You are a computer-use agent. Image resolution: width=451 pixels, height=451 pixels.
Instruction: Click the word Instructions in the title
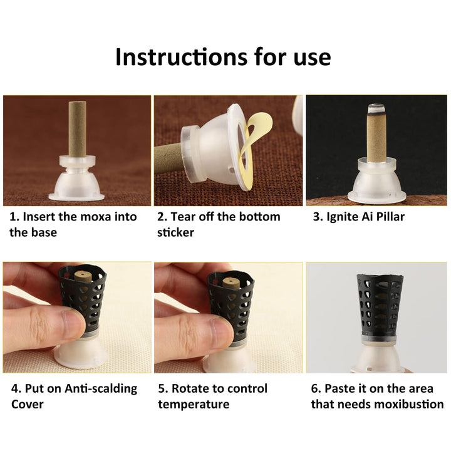pos(181,57)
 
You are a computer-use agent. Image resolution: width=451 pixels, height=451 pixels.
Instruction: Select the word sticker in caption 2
pos(175,232)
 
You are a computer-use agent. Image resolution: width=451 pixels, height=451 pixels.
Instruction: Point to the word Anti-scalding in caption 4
pos(101,388)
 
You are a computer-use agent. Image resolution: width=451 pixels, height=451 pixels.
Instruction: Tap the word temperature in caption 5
pos(194,405)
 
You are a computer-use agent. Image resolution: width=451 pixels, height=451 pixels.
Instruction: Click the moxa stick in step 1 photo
pos(78,129)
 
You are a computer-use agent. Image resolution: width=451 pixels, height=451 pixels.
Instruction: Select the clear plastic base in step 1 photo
pos(77,179)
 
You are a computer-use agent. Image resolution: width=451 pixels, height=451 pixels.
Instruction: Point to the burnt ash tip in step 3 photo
pos(376,108)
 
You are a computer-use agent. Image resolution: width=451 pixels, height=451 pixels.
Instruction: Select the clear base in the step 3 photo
pos(376,180)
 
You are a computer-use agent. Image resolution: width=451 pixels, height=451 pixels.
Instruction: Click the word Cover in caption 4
pos(28,405)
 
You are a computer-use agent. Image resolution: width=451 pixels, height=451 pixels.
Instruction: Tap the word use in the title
pos(312,58)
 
